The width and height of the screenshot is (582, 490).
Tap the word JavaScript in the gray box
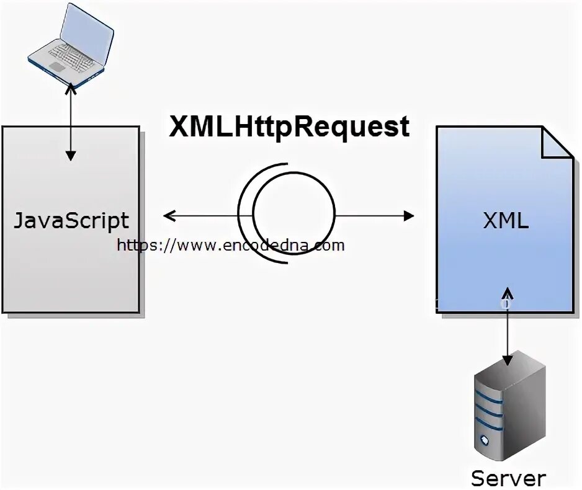(71, 221)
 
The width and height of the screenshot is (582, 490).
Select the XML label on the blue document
(506, 221)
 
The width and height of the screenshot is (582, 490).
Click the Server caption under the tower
(508, 478)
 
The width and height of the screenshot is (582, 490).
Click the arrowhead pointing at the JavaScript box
(168, 216)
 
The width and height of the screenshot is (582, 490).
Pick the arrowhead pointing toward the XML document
(408, 216)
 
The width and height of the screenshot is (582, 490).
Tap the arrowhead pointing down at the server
(508, 359)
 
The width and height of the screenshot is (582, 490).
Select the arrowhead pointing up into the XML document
(508, 292)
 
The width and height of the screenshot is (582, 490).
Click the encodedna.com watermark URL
(230, 245)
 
